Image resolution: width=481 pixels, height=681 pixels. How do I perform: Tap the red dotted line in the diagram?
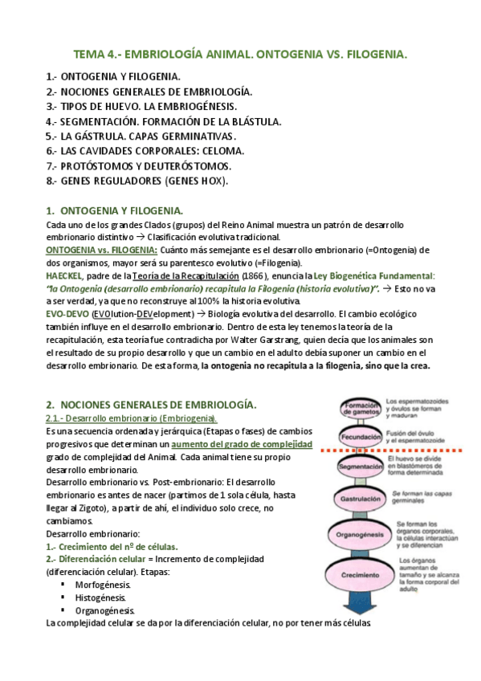point(402,453)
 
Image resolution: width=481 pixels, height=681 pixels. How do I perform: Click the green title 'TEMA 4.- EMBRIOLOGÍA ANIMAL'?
point(240,55)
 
